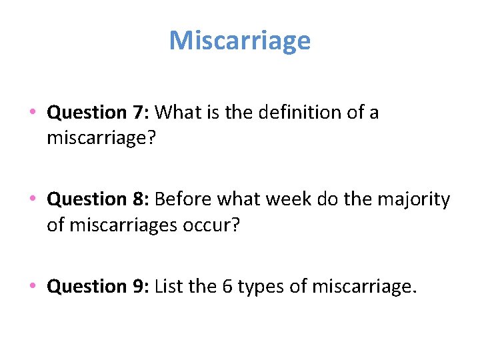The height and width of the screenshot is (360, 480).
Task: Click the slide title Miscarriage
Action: tap(240, 41)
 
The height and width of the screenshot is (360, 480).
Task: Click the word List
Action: tap(169, 286)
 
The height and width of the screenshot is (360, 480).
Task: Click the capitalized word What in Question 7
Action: tap(178, 113)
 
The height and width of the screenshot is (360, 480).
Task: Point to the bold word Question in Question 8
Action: tap(88, 199)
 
